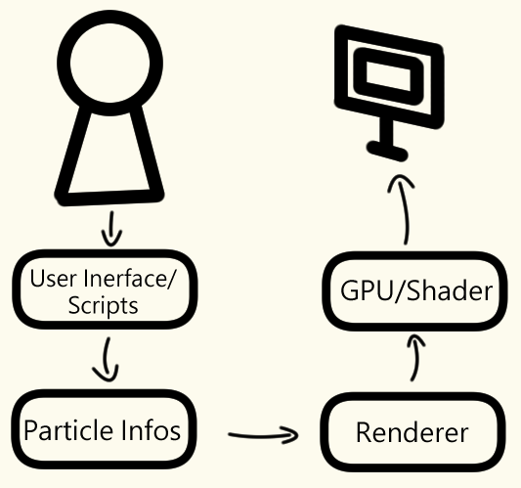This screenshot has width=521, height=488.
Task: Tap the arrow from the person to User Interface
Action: click(x=111, y=230)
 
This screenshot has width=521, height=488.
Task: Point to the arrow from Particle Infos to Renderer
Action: click(x=264, y=436)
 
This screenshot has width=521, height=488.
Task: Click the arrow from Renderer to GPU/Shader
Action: click(x=415, y=358)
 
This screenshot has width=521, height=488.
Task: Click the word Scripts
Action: click(x=103, y=306)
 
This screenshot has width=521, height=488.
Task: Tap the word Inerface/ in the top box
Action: click(x=129, y=279)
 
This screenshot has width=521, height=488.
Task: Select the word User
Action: click(x=54, y=279)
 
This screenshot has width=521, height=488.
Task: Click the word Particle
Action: click(x=68, y=430)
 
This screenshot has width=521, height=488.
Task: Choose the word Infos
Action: click(x=151, y=430)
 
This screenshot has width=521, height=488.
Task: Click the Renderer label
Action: click(x=412, y=432)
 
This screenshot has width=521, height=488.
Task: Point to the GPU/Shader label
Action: click(x=416, y=290)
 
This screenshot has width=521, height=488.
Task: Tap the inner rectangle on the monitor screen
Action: click(x=388, y=76)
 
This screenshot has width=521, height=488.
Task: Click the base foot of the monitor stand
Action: click(x=387, y=152)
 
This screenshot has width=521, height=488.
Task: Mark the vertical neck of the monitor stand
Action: click(x=387, y=131)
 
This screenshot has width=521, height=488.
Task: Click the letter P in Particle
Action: click(x=30, y=430)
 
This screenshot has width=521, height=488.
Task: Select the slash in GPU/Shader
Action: click(x=400, y=291)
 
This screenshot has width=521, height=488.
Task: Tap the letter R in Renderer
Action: click(x=364, y=432)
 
